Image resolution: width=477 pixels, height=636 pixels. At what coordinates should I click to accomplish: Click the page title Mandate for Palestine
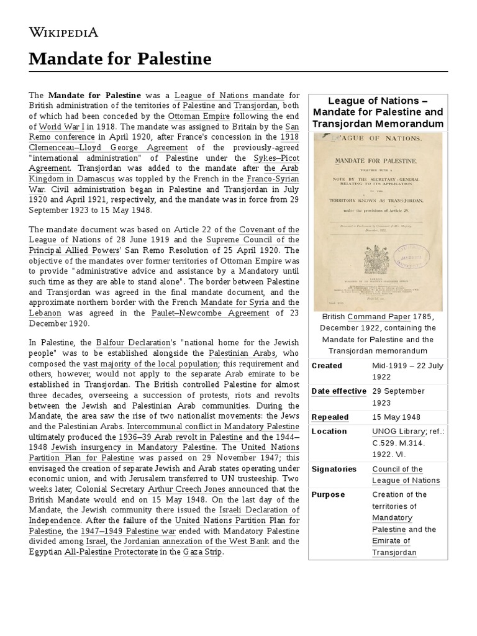(x=120, y=59)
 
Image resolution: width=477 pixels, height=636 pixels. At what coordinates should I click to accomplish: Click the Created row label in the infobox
(x=327, y=366)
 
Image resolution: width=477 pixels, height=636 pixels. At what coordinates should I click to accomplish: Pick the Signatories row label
(x=334, y=469)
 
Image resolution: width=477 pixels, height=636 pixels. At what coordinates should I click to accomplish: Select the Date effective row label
(x=338, y=391)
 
